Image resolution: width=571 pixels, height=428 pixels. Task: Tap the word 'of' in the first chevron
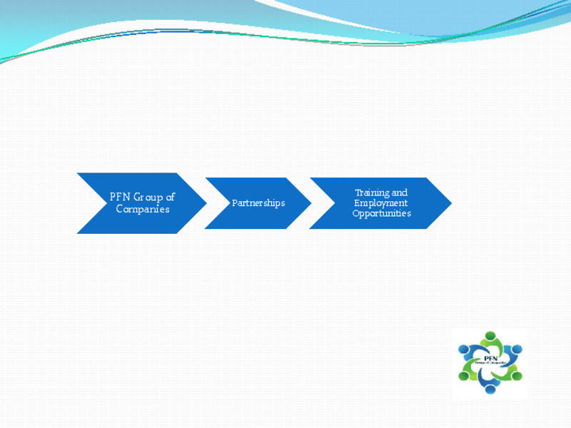pyautogui.click(x=170, y=197)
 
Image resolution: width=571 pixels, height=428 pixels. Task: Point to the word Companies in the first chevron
pyautogui.click(x=143, y=209)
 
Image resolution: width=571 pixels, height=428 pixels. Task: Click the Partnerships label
pyautogui.click(x=258, y=203)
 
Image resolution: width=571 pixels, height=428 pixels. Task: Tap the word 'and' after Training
pyautogui.click(x=400, y=193)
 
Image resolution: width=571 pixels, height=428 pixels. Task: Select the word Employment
pyautogui.click(x=381, y=203)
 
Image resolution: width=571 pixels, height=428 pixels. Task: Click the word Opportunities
pyautogui.click(x=381, y=213)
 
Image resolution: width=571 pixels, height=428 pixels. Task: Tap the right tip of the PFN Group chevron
pyautogui.click(x=206, y=203)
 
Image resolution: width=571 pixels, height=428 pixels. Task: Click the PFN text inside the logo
pyautogui.click(x=490, y=358)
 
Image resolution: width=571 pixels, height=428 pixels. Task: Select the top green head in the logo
pyautogui.click(x=490, y=335)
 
